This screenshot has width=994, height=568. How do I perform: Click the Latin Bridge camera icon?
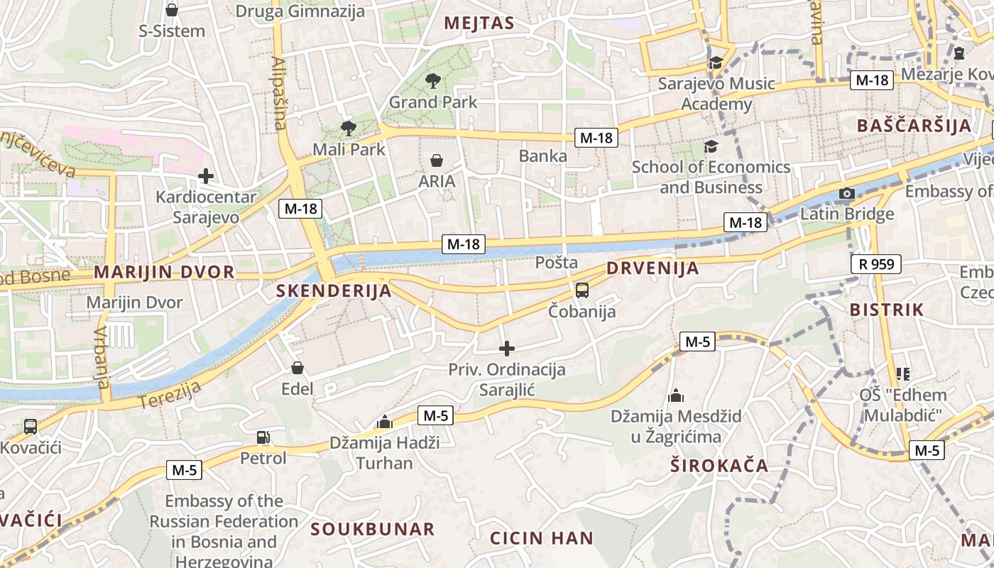point(846,194)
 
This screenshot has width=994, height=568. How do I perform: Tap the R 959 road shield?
point(875,265)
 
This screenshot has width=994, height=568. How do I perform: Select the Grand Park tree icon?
point(432,81)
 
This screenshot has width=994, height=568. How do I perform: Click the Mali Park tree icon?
point(348,129)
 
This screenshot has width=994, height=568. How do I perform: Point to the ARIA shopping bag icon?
point(437,160)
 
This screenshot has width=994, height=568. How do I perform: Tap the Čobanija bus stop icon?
point(581,290)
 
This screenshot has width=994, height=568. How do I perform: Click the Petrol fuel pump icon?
point(263,437)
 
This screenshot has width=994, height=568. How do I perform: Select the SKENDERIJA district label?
point(334,290)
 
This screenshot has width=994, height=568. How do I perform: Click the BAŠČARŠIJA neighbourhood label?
point(913,126)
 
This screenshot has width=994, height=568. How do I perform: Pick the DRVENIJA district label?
point(652,268)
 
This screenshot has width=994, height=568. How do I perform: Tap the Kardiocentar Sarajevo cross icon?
point(206,175)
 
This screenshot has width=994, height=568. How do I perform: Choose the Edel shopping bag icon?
point(297,368)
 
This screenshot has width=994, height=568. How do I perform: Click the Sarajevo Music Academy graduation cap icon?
point(716,62)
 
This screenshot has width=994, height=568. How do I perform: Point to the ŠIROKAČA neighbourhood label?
point(719,466)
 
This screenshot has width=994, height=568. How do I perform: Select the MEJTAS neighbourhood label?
point(479,23)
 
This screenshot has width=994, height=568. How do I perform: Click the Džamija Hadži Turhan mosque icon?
point(385,422)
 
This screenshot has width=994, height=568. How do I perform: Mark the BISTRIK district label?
point(887,310)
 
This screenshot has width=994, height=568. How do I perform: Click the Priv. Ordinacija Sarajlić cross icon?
point(506,349)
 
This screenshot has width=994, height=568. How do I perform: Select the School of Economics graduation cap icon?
point(710,147)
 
